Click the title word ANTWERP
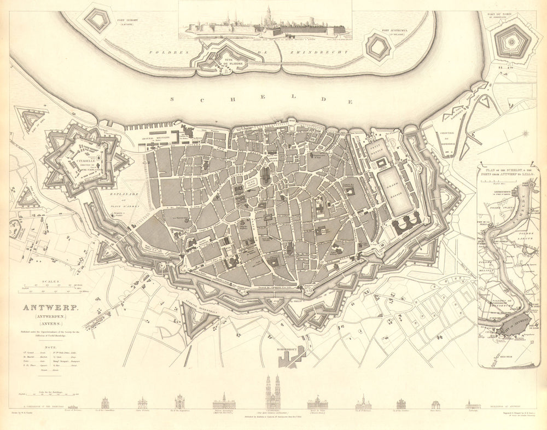point(50,307)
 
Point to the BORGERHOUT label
point(290,347)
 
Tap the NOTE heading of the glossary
point(50,340)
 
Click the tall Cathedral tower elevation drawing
point(273,392)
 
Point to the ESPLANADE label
point(124,194)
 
